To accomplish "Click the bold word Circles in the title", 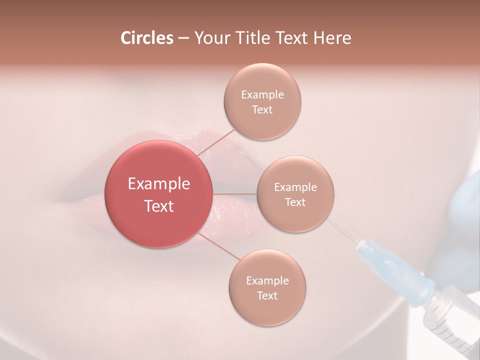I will [x=146, y=38].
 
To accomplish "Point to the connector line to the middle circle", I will [x=235, y=193].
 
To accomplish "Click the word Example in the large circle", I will [x=159, y=183].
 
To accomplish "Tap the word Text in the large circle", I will [x=159, y=206].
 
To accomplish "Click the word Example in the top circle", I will [x=262, y=94].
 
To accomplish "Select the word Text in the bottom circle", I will [x=267, y=295].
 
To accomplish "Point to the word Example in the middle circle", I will [x=295, y=187].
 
